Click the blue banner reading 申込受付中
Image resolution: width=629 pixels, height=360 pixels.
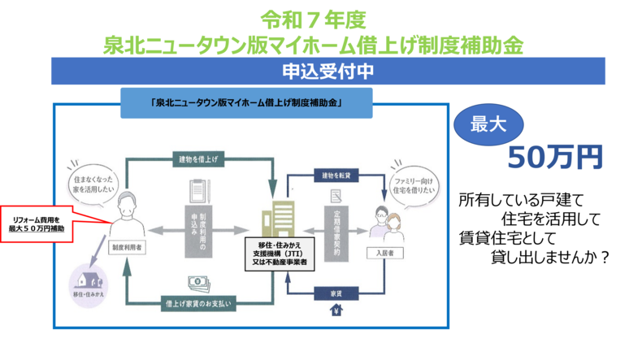[328, 71]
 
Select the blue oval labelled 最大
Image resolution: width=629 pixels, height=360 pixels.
[489, 124]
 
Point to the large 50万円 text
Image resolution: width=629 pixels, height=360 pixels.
[554, 158]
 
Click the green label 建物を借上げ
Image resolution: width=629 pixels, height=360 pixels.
[197, 160]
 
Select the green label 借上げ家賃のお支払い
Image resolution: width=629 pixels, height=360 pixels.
[197, 304]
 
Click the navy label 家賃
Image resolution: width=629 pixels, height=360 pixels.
[335, 290]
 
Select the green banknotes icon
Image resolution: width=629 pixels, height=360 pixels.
[198, 282]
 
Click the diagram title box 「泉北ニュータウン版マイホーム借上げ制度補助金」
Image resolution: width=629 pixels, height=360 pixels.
[245, 103]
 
